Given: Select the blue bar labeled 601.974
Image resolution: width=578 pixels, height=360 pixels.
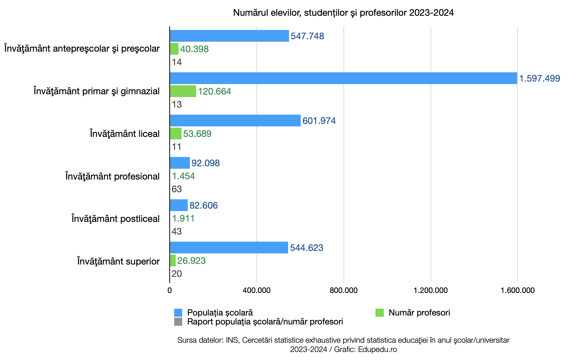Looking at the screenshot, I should [235, 121].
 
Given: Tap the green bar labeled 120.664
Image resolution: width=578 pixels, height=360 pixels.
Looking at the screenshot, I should [183, 91].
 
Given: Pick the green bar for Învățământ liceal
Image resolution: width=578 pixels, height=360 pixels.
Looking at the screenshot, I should [176, 133].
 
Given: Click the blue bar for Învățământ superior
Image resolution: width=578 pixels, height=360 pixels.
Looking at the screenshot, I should [229, 248].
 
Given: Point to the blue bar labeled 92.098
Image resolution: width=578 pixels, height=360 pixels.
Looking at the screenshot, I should [180, 163].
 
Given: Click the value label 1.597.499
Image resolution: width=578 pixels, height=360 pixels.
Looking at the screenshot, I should [539, 78].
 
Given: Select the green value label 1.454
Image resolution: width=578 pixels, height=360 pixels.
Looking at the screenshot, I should [183, 176].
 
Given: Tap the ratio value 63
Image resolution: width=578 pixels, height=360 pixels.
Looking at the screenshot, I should [177, 189].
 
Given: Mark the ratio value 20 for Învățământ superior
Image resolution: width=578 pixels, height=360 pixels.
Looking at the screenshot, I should [177, 274].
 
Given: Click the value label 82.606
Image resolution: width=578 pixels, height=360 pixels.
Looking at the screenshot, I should [203, 205].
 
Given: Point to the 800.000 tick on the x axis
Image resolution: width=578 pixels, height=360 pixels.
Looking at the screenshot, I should [344, 290].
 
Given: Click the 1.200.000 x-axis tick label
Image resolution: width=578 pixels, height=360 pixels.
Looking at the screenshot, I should [431, 290].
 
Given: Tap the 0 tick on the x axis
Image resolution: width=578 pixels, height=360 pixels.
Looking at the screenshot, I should [170, 290].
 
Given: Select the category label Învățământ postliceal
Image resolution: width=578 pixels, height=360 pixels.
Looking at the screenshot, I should [115, 219].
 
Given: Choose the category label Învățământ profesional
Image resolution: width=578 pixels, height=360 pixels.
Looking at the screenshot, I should [112, 176].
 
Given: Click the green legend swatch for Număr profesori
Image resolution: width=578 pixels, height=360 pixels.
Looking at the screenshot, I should [379, 313].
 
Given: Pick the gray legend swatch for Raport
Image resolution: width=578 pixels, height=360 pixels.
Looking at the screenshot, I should [178, 322].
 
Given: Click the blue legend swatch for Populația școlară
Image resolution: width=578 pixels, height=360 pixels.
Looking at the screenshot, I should [178, 313].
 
